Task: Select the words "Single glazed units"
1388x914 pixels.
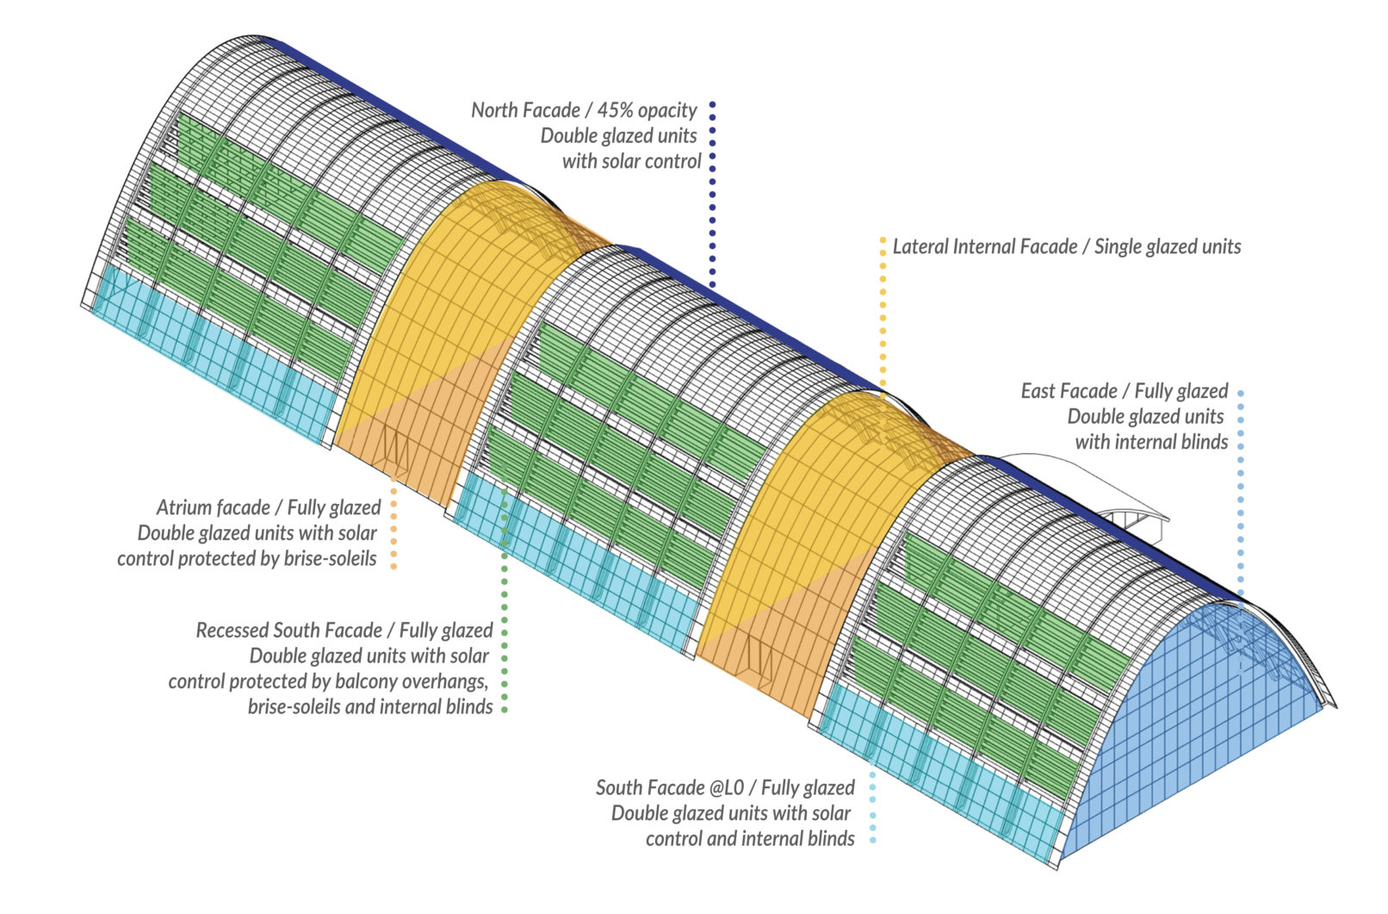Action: click(1168, 247)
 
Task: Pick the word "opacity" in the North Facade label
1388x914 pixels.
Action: click(667, 110)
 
